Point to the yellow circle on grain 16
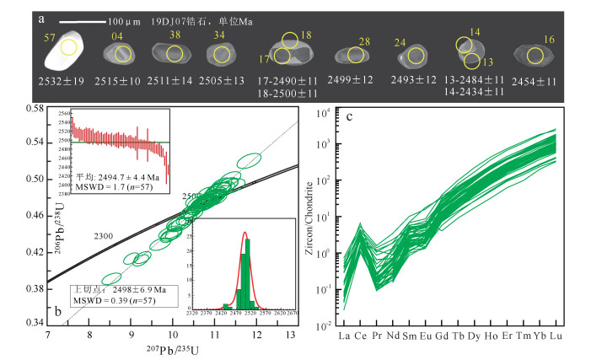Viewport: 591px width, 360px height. point(535,56)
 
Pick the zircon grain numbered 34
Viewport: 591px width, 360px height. point(222,55)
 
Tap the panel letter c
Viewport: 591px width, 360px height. point(348,117)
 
